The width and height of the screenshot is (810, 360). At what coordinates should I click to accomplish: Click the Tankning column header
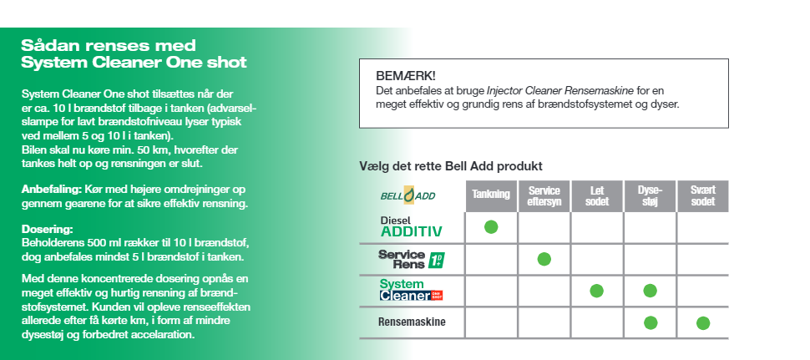click(491, 195)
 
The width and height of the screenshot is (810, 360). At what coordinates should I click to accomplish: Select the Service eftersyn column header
click(544, 195)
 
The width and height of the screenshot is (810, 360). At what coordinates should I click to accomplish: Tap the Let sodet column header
click(597, 195)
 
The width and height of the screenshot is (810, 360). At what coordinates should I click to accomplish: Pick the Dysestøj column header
click(650, 195)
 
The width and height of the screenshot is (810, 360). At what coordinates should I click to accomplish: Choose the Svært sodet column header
click(702, 195)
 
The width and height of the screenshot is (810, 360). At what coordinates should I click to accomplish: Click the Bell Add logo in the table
click(410, 195)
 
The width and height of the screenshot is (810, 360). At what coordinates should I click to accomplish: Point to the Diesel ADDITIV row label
click(411, 226)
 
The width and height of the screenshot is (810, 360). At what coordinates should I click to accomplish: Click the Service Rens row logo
click(411, 258)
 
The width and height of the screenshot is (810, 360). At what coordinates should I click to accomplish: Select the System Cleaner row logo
click(410, 290)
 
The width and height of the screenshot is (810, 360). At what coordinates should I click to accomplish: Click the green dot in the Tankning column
click(491, 226)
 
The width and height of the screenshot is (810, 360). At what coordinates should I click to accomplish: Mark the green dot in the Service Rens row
click(544, 259)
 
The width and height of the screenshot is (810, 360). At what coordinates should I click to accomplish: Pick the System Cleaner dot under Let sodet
click(596, 291)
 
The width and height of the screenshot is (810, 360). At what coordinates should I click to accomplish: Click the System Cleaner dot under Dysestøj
click(650, 291)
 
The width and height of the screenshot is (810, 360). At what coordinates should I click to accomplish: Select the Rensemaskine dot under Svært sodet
click(703, 322)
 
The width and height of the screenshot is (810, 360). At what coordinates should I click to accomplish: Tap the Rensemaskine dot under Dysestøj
click(651, 322)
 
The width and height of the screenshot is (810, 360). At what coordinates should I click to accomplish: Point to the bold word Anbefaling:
click(51, 190)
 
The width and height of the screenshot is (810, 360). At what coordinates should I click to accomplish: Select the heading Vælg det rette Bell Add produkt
click(451, 166)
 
